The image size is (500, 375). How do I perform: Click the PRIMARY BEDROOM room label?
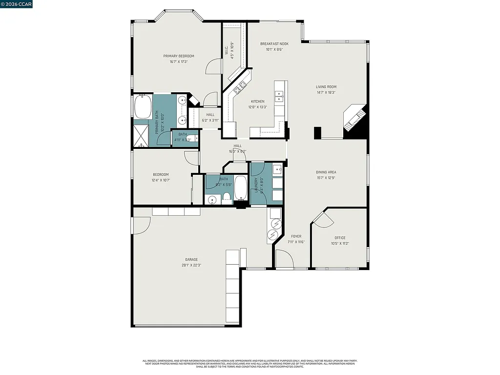click(x=179, y=56)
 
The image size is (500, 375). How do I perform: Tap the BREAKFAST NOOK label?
click(x=274, y=44)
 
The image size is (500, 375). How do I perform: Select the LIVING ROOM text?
click(x=326, y=87)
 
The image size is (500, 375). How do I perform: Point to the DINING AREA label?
click(x=326, y=172)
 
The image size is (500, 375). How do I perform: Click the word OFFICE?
click(x=340, y=238)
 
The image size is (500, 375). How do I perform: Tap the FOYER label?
click(x=296, y=236)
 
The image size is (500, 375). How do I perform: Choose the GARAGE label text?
click(x=191, y=259)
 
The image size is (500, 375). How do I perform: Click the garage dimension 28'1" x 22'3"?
click(x=191, y=265)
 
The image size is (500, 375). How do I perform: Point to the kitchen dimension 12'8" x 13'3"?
click(x=258, y=107)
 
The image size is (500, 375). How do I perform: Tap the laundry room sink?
click(x=276, y=170)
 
